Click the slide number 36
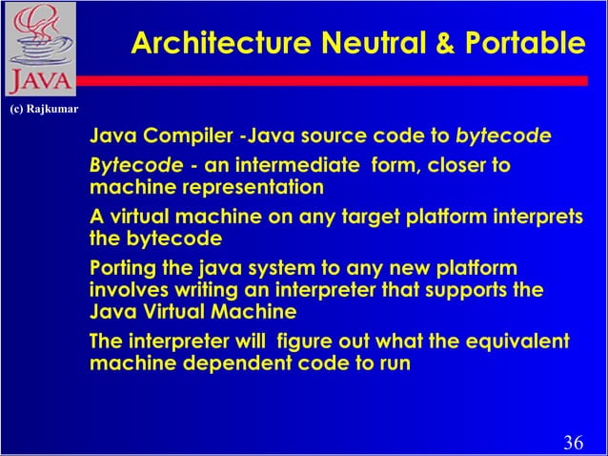click(574, 442)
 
